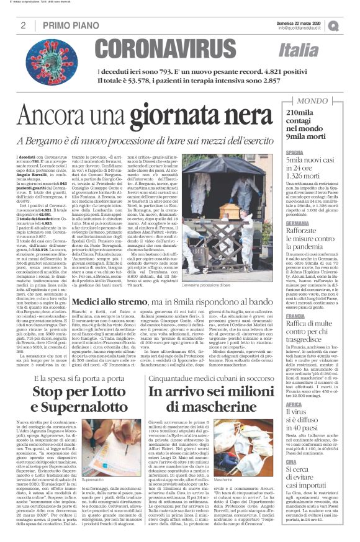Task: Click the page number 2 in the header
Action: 23,25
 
